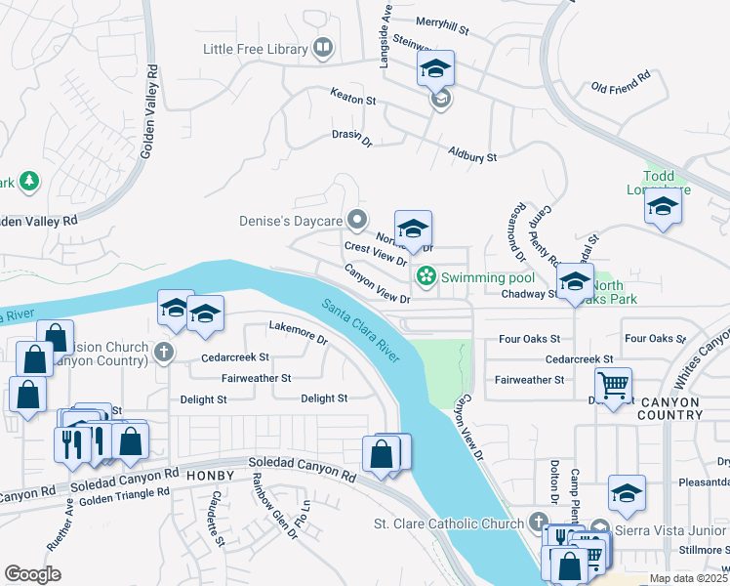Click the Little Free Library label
coord(256,48)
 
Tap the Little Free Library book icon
coord(322,47)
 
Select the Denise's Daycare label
coord(292,221)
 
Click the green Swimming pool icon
coord(426,277)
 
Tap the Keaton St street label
coord(352,100)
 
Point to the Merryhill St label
coord(443,21)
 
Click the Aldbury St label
coord(472,154)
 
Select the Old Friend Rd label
coord(621,81)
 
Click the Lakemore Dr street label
coord(299,332)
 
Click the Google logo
coord(32,574)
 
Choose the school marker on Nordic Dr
coord(413,229)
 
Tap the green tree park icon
coord(29,181)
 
